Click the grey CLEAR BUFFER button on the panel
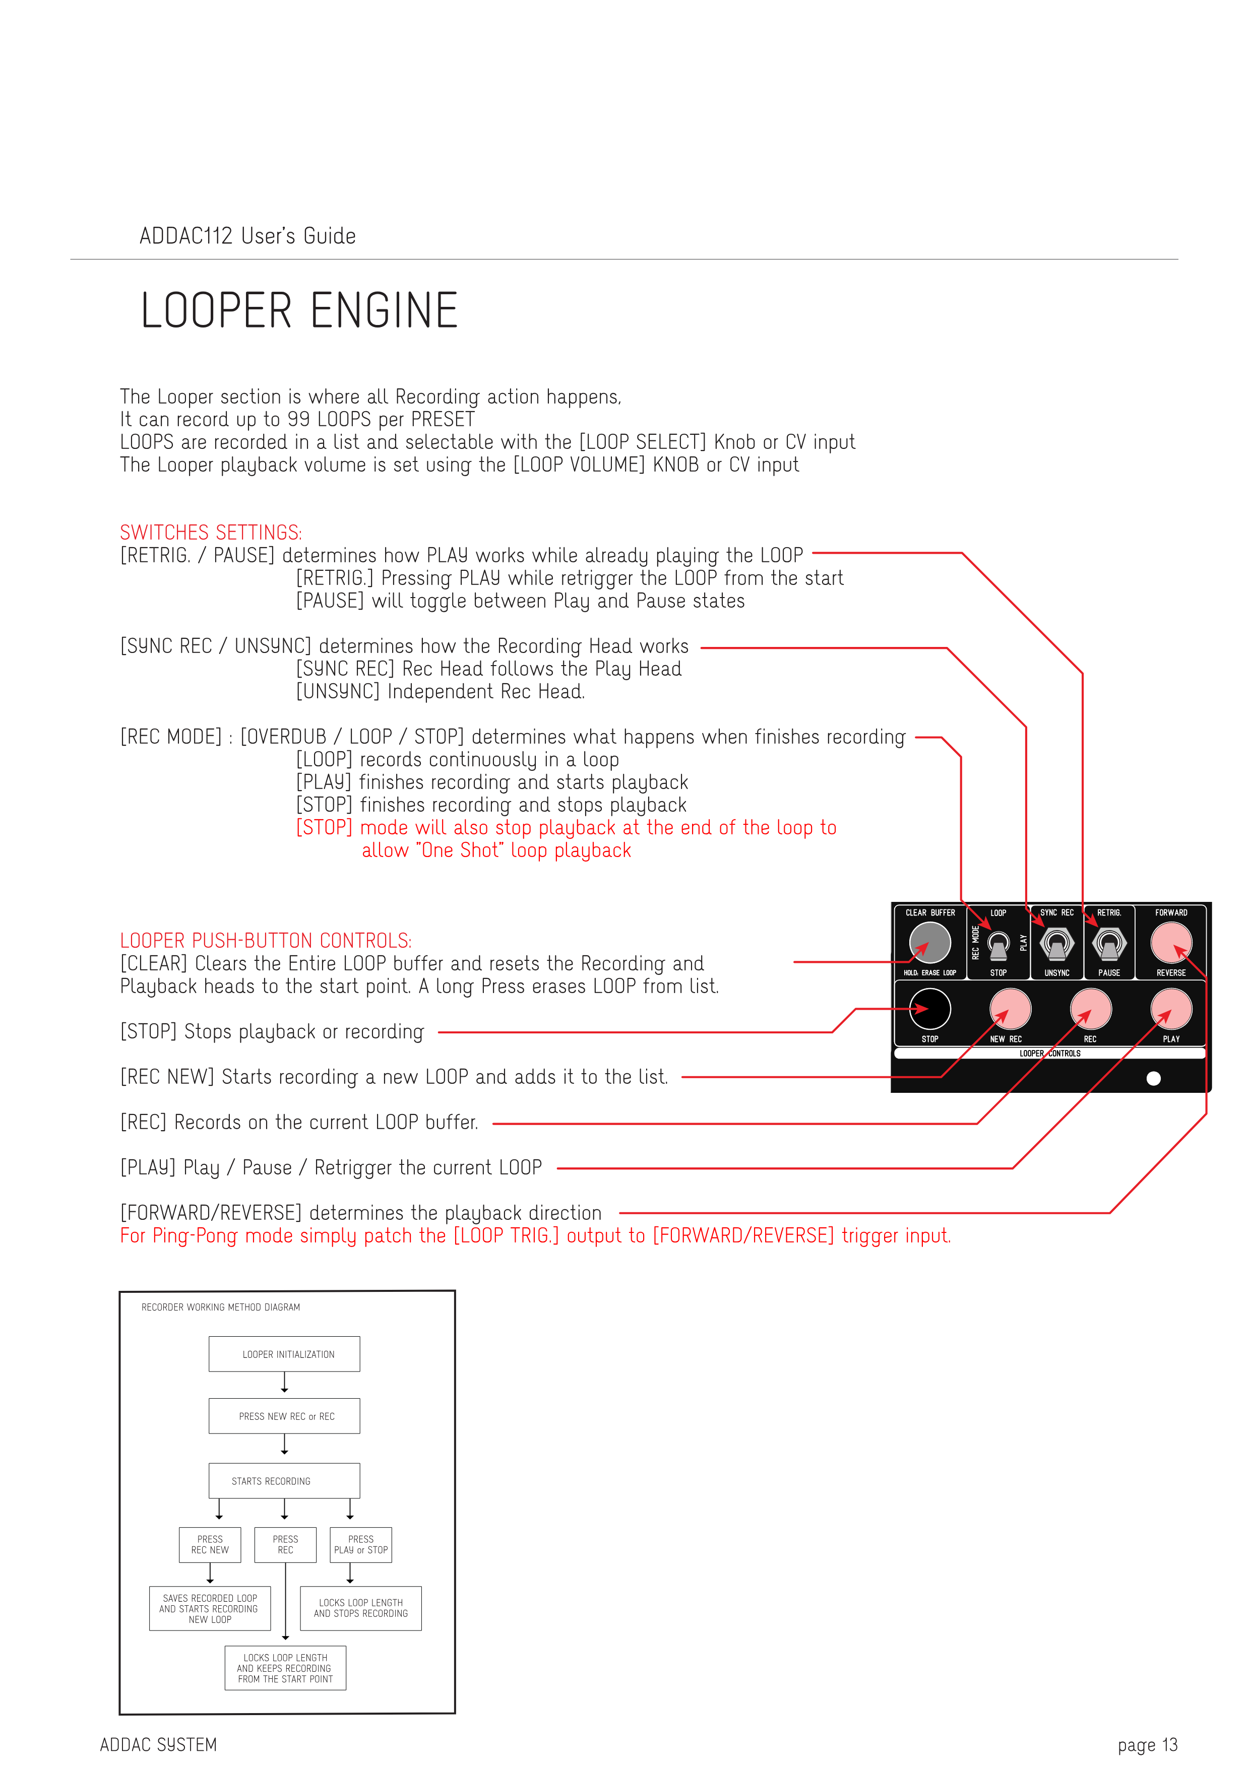[x=930, y=942]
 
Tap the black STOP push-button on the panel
[x=930, y=1009]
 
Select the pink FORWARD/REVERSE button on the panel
[x=1171, y=942]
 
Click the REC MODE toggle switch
[x=998, y=944]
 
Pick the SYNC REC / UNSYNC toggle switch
[x=1057, y=944]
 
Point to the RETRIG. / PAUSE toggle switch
[x=1109, y=944]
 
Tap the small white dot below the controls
[x=1153, y=1078]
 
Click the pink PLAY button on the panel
[x=1171, y=1009]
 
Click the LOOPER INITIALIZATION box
[x=284, y=1354]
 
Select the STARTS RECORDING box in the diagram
[x=284, y=1481]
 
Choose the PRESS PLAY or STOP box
[x=360, y=1545]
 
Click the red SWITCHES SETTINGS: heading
[x=211, y=533]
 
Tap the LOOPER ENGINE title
[x=299, y=311]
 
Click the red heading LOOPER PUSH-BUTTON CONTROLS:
[x=266, y=941]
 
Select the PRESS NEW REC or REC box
[x=284, y=1416]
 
